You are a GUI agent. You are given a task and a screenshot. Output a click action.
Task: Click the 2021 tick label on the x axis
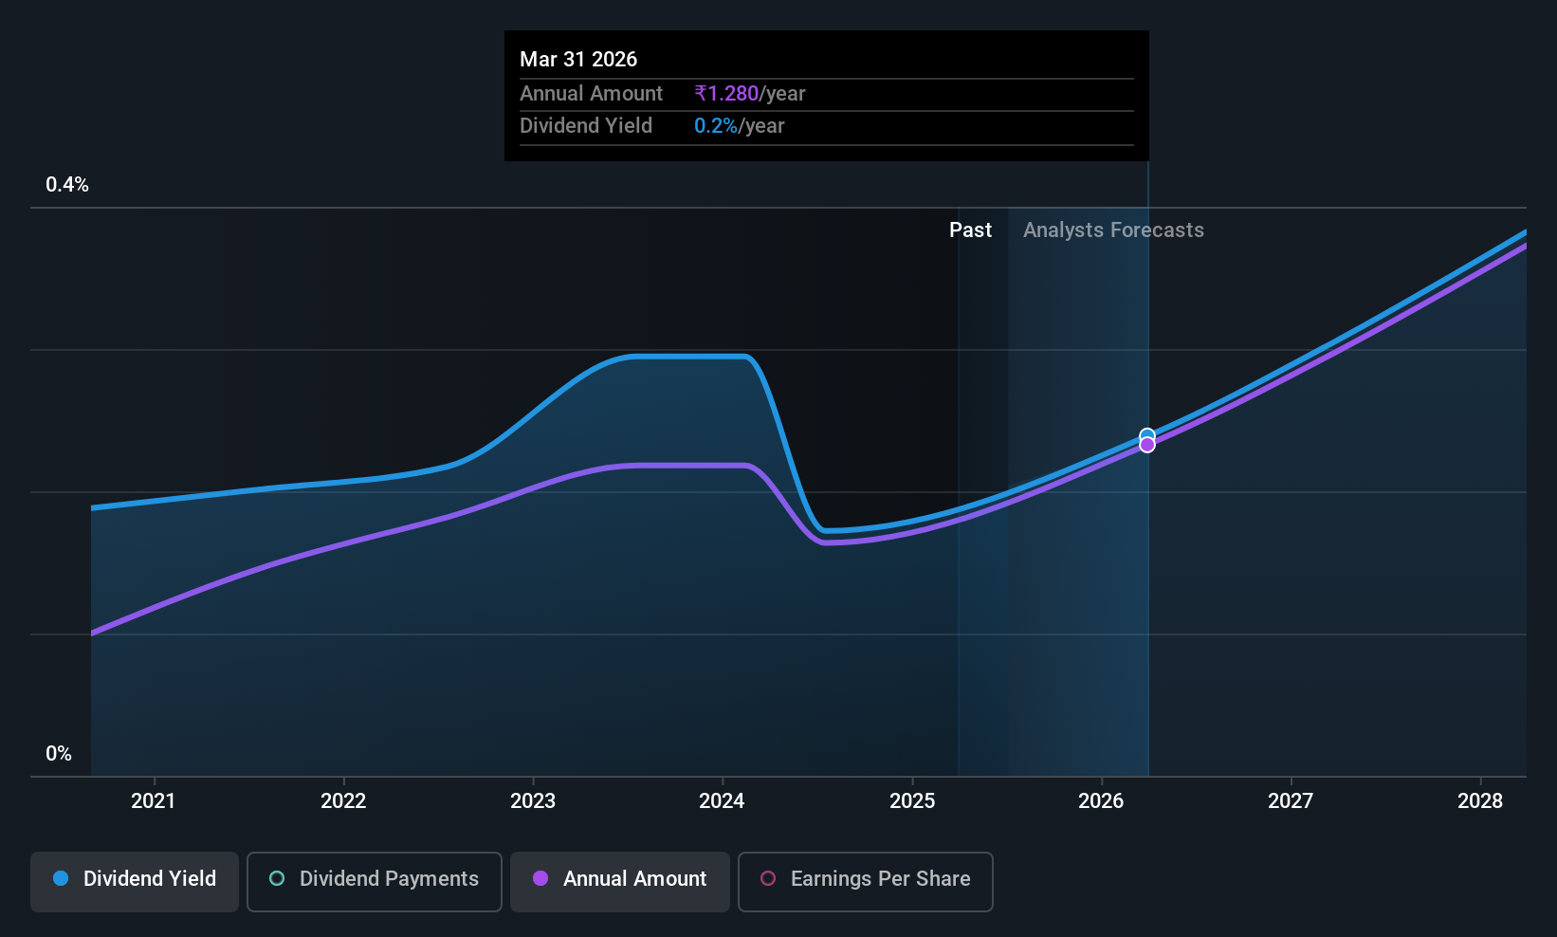154,800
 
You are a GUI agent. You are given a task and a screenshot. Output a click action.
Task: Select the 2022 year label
343,800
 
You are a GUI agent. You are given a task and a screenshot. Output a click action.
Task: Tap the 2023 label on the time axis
533,800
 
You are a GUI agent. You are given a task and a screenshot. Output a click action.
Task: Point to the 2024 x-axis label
723,800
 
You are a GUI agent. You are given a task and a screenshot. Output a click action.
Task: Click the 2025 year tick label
912,800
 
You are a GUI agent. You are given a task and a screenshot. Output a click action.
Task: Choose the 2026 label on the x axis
1101,800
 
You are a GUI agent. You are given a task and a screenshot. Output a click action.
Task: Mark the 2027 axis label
1291,800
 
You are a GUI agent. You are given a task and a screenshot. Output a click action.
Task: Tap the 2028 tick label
1480,800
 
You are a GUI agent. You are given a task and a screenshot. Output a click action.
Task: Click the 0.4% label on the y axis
67,185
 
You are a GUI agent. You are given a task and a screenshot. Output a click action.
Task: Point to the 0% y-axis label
59,754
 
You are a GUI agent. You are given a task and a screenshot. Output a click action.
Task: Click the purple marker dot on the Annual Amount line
1147,445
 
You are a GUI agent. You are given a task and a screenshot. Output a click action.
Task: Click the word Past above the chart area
970,230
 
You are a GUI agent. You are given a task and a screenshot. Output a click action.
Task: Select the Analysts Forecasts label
1113,230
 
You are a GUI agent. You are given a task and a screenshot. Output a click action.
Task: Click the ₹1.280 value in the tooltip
726,93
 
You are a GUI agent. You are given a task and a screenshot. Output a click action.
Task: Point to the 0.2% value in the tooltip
716,126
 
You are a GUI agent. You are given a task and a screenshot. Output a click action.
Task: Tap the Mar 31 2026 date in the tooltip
578,60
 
